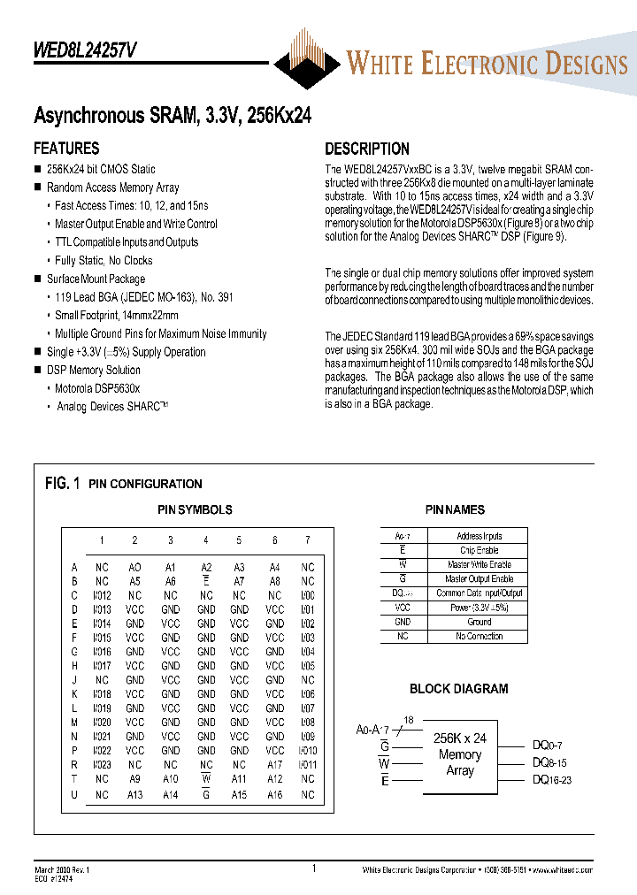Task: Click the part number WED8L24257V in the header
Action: [x=85, y=51]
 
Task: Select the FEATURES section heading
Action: [x=66, y=149]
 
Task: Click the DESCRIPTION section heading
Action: [x=366, y=149]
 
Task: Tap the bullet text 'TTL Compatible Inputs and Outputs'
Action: [x=127, y=242]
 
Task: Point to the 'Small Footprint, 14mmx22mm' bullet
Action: [x=117, y=316]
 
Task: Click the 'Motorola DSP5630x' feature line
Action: [x=97, y=388]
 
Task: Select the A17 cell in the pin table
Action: [x=275, y=764]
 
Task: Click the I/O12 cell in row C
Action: [x=102, y=595]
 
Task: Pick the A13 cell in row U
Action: [x=134, y=794]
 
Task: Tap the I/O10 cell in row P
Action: [x=307, y=750]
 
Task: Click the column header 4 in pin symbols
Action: [x=206, y=540]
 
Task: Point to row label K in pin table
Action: [x=74, y=694]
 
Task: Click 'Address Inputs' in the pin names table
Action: [x=480, y=536]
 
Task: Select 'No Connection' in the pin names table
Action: [x=480, y=636]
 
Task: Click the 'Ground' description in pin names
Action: [x=480, y=622]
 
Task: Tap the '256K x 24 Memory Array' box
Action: [x=459, y=754]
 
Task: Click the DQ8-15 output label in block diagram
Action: [x=549, y=761]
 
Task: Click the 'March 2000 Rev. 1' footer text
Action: [x=62, y=870]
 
